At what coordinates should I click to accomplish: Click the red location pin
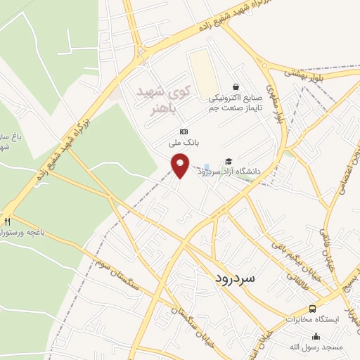(x=181, y=165)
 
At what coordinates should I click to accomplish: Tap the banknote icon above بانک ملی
(x=184, y=131)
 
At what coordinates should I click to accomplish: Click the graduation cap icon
(x=228, y=161)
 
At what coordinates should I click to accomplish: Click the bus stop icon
(x=313, y=309)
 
